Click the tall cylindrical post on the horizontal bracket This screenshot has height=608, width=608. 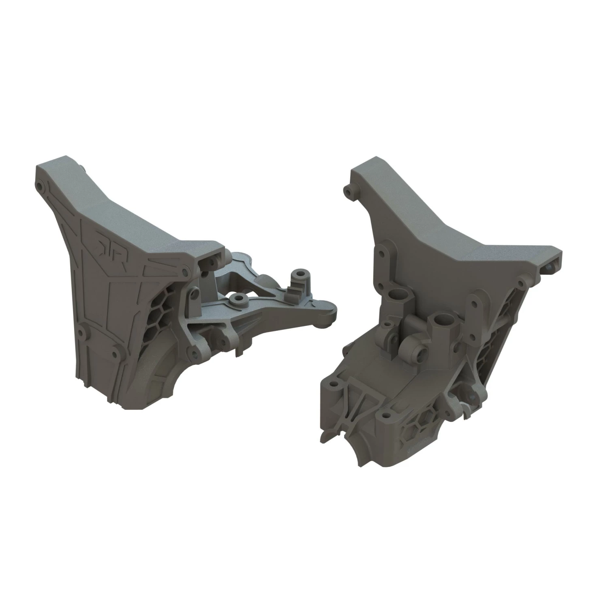(300, 277)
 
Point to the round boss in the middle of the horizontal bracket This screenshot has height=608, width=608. (236, 298)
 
